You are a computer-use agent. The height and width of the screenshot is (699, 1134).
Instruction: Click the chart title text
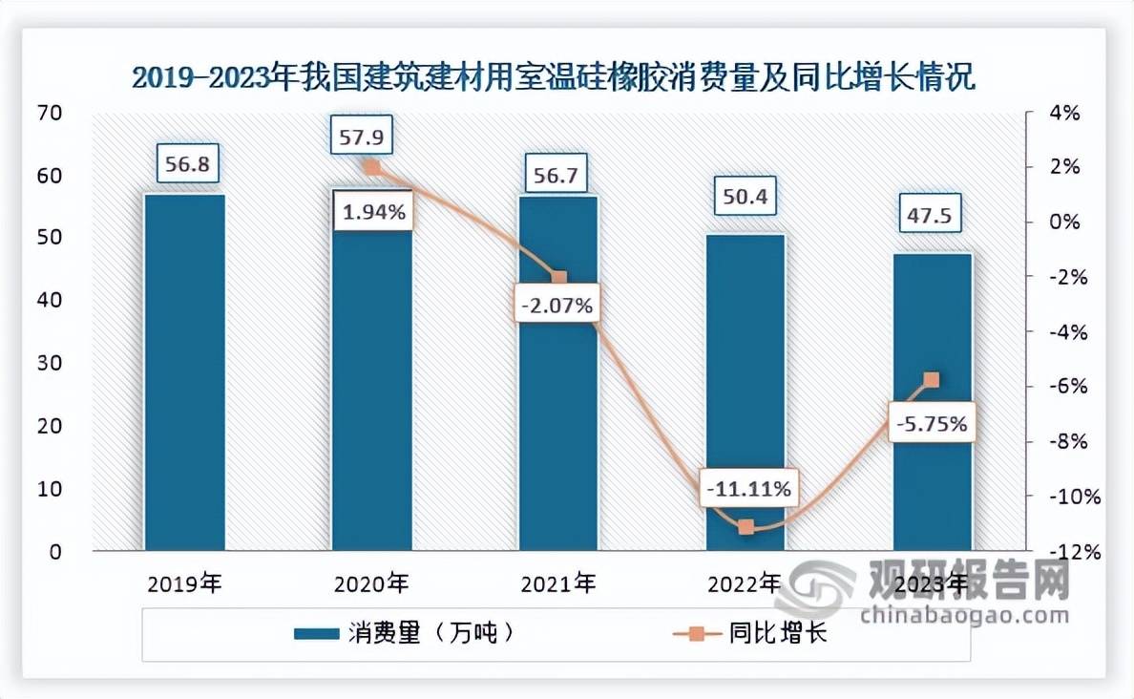(553, 76)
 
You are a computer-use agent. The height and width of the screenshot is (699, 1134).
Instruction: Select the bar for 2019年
(185, 372)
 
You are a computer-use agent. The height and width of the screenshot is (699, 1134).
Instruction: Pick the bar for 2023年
(933, 401)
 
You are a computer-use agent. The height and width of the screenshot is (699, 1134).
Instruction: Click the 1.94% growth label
(372, 212)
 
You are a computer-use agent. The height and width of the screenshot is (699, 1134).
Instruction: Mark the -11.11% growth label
(746, 490)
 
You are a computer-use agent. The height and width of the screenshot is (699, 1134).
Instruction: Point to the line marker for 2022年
(746, 526)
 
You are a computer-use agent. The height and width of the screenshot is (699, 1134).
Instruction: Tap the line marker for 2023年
(933, 380)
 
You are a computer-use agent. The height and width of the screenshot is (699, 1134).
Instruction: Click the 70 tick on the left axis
(50, 114)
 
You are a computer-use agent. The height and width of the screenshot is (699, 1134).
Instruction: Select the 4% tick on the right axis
(1065, 114)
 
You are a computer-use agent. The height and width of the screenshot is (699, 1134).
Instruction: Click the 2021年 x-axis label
(559, 582)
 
